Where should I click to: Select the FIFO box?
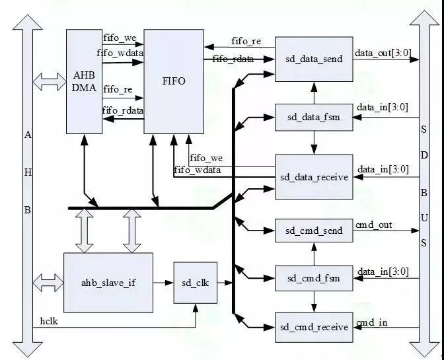pyautogui.click(x=174, y=81)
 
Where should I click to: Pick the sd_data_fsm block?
pyautogui.click(x=314, y=118)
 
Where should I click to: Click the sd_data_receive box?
pyautogui.click(x=314, y=177)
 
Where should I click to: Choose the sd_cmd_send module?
pyautogui.click(x=314, y=231)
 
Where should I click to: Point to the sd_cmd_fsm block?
pyautogui.click(x=314, y=278)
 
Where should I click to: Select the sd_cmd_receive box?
pyautogui.click(x=314, y=327)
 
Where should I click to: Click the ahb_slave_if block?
pyautogui.click(x=108, y=282)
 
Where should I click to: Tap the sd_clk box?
pyautogui.click(x=196, y=282)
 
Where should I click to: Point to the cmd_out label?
pyautogui.click(x=374, y=225)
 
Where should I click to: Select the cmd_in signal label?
pyautogui.click(x=371, y=322)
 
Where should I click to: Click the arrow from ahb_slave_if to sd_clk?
pyautogui.click(x=163, y=282)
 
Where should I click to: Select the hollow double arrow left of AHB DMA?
pyautogui.click(x=50, y=82)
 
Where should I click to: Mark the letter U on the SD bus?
pyautogui.click(x=424, y=217)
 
